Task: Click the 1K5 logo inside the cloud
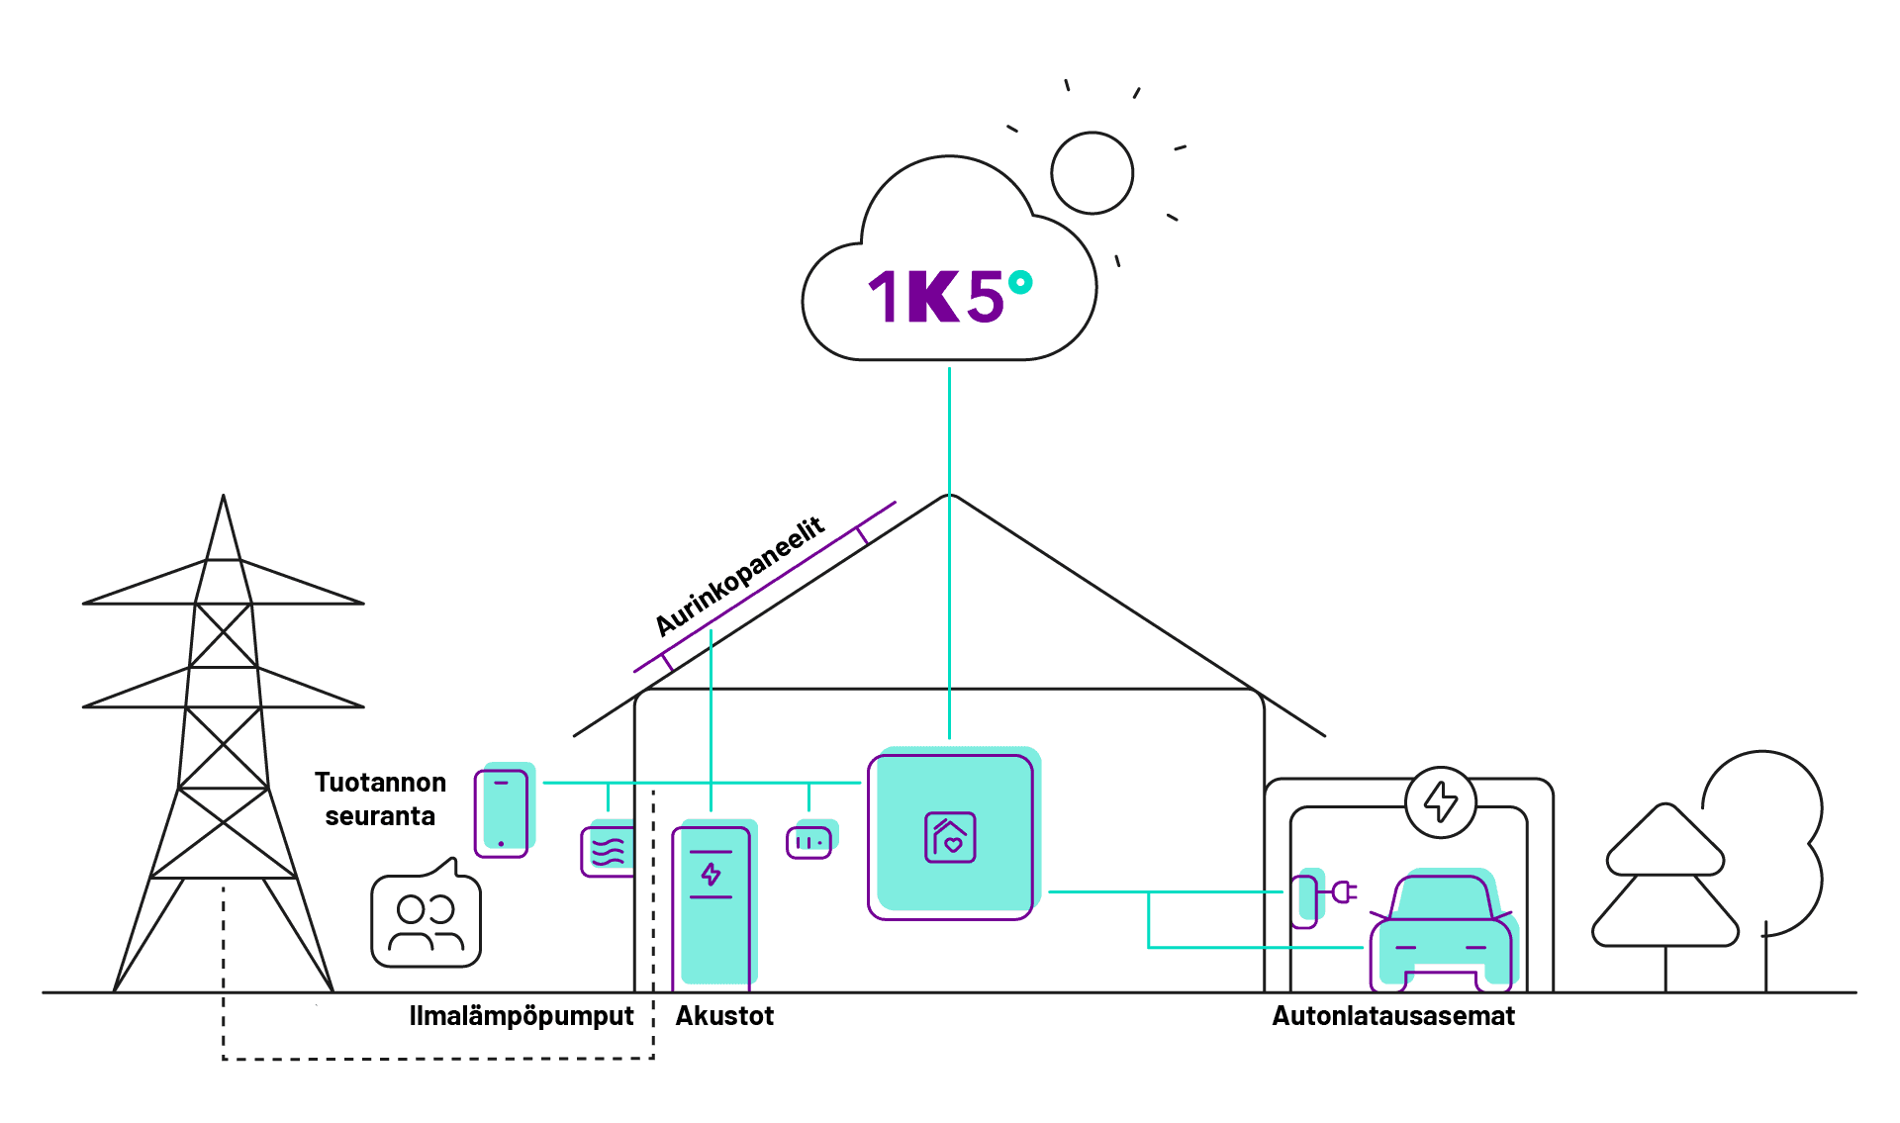[x=936, y=297]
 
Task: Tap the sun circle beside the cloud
[x=1092, y=173]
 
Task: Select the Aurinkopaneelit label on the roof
[x=739, y=577]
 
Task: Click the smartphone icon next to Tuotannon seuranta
[x=504, y=810]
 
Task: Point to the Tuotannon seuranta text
[x=380, y=798]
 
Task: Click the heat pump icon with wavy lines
[x=608, y=849]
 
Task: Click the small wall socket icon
[x=810, y=841]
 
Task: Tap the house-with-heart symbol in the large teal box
[x=950, y=837]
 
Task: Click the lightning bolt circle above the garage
[x=1441, y=801]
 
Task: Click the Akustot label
[x=724, y=1016]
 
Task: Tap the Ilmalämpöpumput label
[x=522, y=1016]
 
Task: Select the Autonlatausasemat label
[x=1393, y=1016]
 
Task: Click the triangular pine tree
[x=1665, y=881]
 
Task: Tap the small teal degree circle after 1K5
[x=1020, y=283]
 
